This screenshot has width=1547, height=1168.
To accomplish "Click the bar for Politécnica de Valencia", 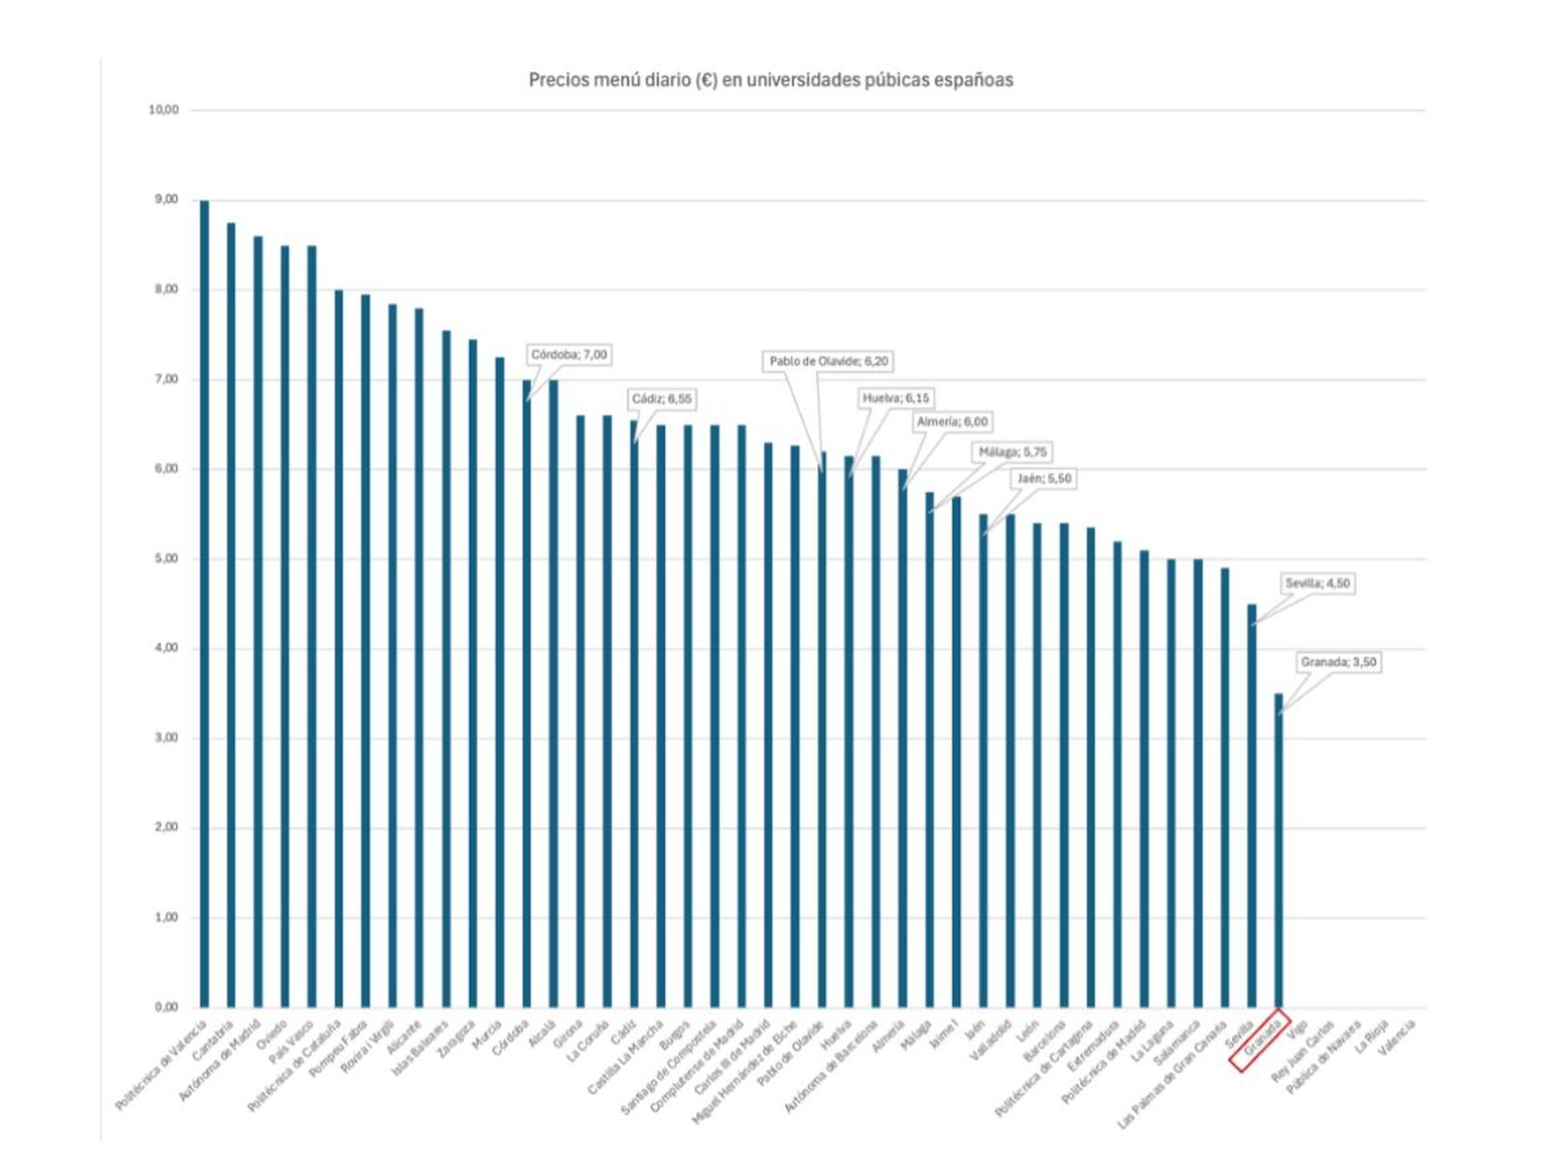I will tap(204, 604).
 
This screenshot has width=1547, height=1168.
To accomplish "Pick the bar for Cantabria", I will tap(231, 615).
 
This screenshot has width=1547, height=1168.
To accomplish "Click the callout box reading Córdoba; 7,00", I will tap(569, 355).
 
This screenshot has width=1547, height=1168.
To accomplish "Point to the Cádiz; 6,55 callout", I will tap(661, 399).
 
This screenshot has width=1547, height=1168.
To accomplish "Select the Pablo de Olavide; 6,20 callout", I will tap(829, 362).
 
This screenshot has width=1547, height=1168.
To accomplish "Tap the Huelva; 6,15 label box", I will tap(895, 398).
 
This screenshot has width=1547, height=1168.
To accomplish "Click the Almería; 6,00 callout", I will tap(951, 423).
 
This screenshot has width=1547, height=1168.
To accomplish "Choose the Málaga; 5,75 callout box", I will tap(1012, 453).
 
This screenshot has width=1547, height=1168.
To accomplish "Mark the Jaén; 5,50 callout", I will tap(1044, 480).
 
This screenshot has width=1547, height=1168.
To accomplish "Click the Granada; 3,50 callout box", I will tap(1338, 663).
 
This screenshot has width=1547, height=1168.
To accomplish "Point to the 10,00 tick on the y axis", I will tap(163, 110).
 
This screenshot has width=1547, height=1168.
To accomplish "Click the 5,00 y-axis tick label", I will tap(165, 559).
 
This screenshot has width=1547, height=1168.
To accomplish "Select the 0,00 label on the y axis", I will tap(165, 1007).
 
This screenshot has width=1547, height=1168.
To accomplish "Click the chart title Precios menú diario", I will tap(771, 80).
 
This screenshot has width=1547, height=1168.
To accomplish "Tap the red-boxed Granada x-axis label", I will tap(1260, 1040).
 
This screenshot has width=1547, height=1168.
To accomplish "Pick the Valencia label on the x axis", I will tap(1397, 1038).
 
